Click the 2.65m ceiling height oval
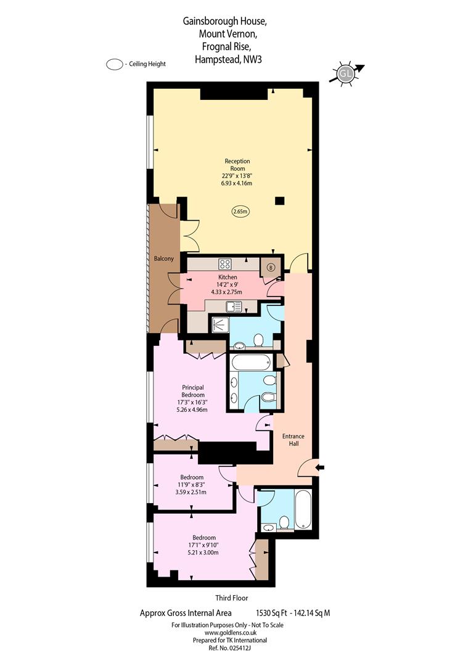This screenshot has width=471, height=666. pos(240,211)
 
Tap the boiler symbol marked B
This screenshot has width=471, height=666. pos(271,268)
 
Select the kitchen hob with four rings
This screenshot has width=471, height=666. pos(224,264)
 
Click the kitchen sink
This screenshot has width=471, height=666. pos(234,306)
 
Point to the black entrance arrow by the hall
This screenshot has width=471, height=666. pos(320,467)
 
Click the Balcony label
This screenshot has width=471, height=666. pos(163,258)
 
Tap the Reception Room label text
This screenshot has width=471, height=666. pos(237,165)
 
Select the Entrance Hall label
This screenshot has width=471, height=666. pos(293,440)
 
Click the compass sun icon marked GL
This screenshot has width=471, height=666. pos(346,74)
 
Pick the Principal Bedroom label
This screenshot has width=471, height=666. pos(193,391)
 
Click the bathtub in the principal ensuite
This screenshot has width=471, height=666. pos(252,363)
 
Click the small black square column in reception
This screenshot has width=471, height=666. pos(279,201)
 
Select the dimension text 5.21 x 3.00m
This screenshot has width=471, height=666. pos(203,553)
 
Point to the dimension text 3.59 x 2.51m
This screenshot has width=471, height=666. pos(191,492)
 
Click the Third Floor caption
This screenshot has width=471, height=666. pos(231,598)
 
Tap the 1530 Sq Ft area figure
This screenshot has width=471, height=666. pos(269,613)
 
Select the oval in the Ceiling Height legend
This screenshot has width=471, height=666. pos(115,65)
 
